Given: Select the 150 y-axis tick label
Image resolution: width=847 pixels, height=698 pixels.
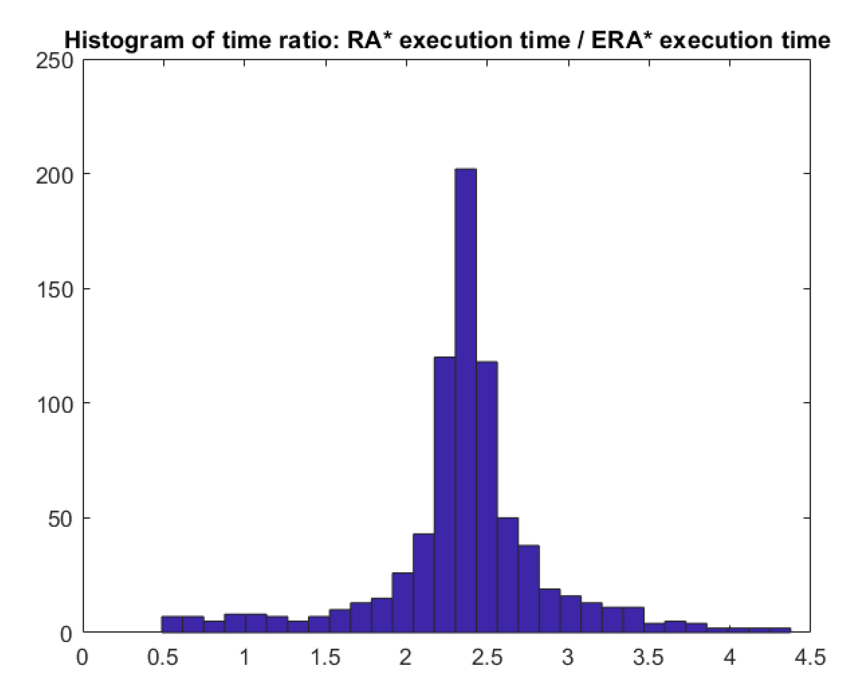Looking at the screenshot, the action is (x=55, y=291).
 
